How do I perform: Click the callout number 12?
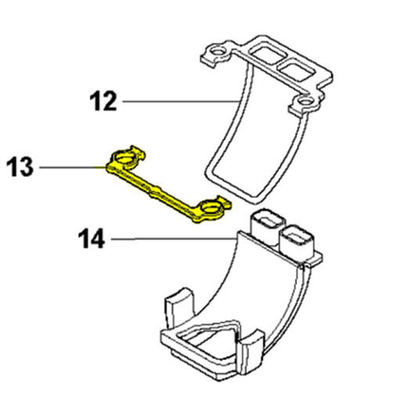click(x=103, y=101)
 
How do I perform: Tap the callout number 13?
click(x=20, y=167)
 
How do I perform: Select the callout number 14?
click(x=92, y=238)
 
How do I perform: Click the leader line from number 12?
click(x=181, y=101)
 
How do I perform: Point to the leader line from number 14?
click(x=174, y=238)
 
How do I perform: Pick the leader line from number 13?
click(x=73, y=167)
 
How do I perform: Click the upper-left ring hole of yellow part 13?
click(x=125, y=158)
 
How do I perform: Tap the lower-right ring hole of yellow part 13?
click(x=211, y=208)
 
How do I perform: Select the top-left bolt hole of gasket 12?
click(x=217, y=51)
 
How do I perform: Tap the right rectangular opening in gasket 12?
click(x=295, y=70)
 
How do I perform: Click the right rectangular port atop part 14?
click(x=297, y=239)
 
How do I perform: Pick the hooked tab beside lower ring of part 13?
click(x=224, y=202)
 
